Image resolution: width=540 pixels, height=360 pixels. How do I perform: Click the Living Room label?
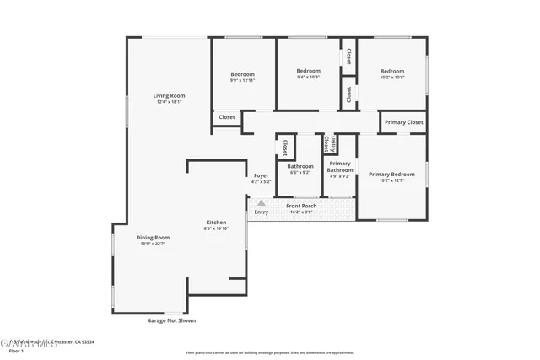click(169, 95)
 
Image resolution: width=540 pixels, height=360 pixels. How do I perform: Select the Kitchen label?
click(216, 222)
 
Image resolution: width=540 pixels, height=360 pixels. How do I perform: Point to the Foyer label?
click(261, 175)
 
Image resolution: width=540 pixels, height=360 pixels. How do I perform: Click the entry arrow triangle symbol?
click(262, 203)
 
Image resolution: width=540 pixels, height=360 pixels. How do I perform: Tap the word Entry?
click(262, 212)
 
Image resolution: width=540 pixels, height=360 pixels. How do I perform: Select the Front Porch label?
click(301, 206)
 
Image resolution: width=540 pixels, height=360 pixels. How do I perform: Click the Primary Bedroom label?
click(391, 175)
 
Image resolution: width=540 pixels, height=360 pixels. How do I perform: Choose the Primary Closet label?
click(403, 123)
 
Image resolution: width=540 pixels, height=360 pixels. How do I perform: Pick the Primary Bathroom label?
click(340, 167)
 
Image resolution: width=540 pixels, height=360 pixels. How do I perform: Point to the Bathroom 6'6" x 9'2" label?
click(300, 166)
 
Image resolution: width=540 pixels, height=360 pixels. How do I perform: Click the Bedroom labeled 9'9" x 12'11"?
click(242, 74)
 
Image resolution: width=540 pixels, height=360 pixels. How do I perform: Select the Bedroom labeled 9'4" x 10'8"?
click(309, 71)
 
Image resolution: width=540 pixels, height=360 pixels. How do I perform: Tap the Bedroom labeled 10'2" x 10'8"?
click(391, 71)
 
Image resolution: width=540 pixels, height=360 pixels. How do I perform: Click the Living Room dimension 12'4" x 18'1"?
click(169, 103)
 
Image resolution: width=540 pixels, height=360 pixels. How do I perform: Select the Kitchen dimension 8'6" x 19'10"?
click(216, 228)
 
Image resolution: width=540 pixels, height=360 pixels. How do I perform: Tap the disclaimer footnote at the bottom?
click(270, 352)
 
